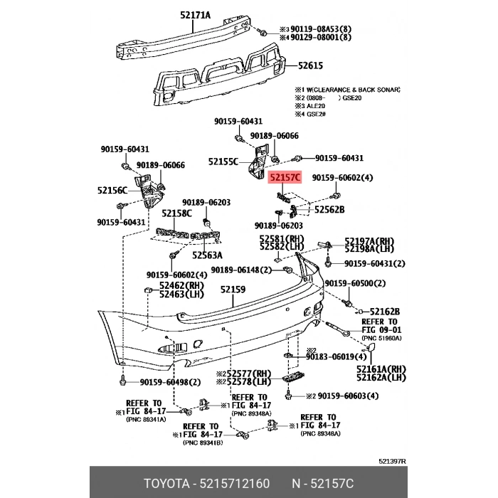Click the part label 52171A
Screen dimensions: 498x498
[187, 13]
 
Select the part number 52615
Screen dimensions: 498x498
[310, 65]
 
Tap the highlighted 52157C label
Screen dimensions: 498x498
[285, 176]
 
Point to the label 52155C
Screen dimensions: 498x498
[223, 161]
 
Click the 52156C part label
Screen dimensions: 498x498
[112, 190]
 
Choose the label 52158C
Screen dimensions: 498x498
[176, 213]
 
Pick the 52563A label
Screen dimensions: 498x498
[207, 255]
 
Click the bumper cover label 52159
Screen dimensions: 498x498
[233, 289]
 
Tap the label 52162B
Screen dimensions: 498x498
[385, 311]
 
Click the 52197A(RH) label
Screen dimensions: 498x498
[369, 240]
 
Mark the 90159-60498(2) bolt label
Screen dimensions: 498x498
[161, 383]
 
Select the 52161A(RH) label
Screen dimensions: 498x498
[381, 369]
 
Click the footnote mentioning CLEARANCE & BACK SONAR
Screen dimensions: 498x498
[347, 90]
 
